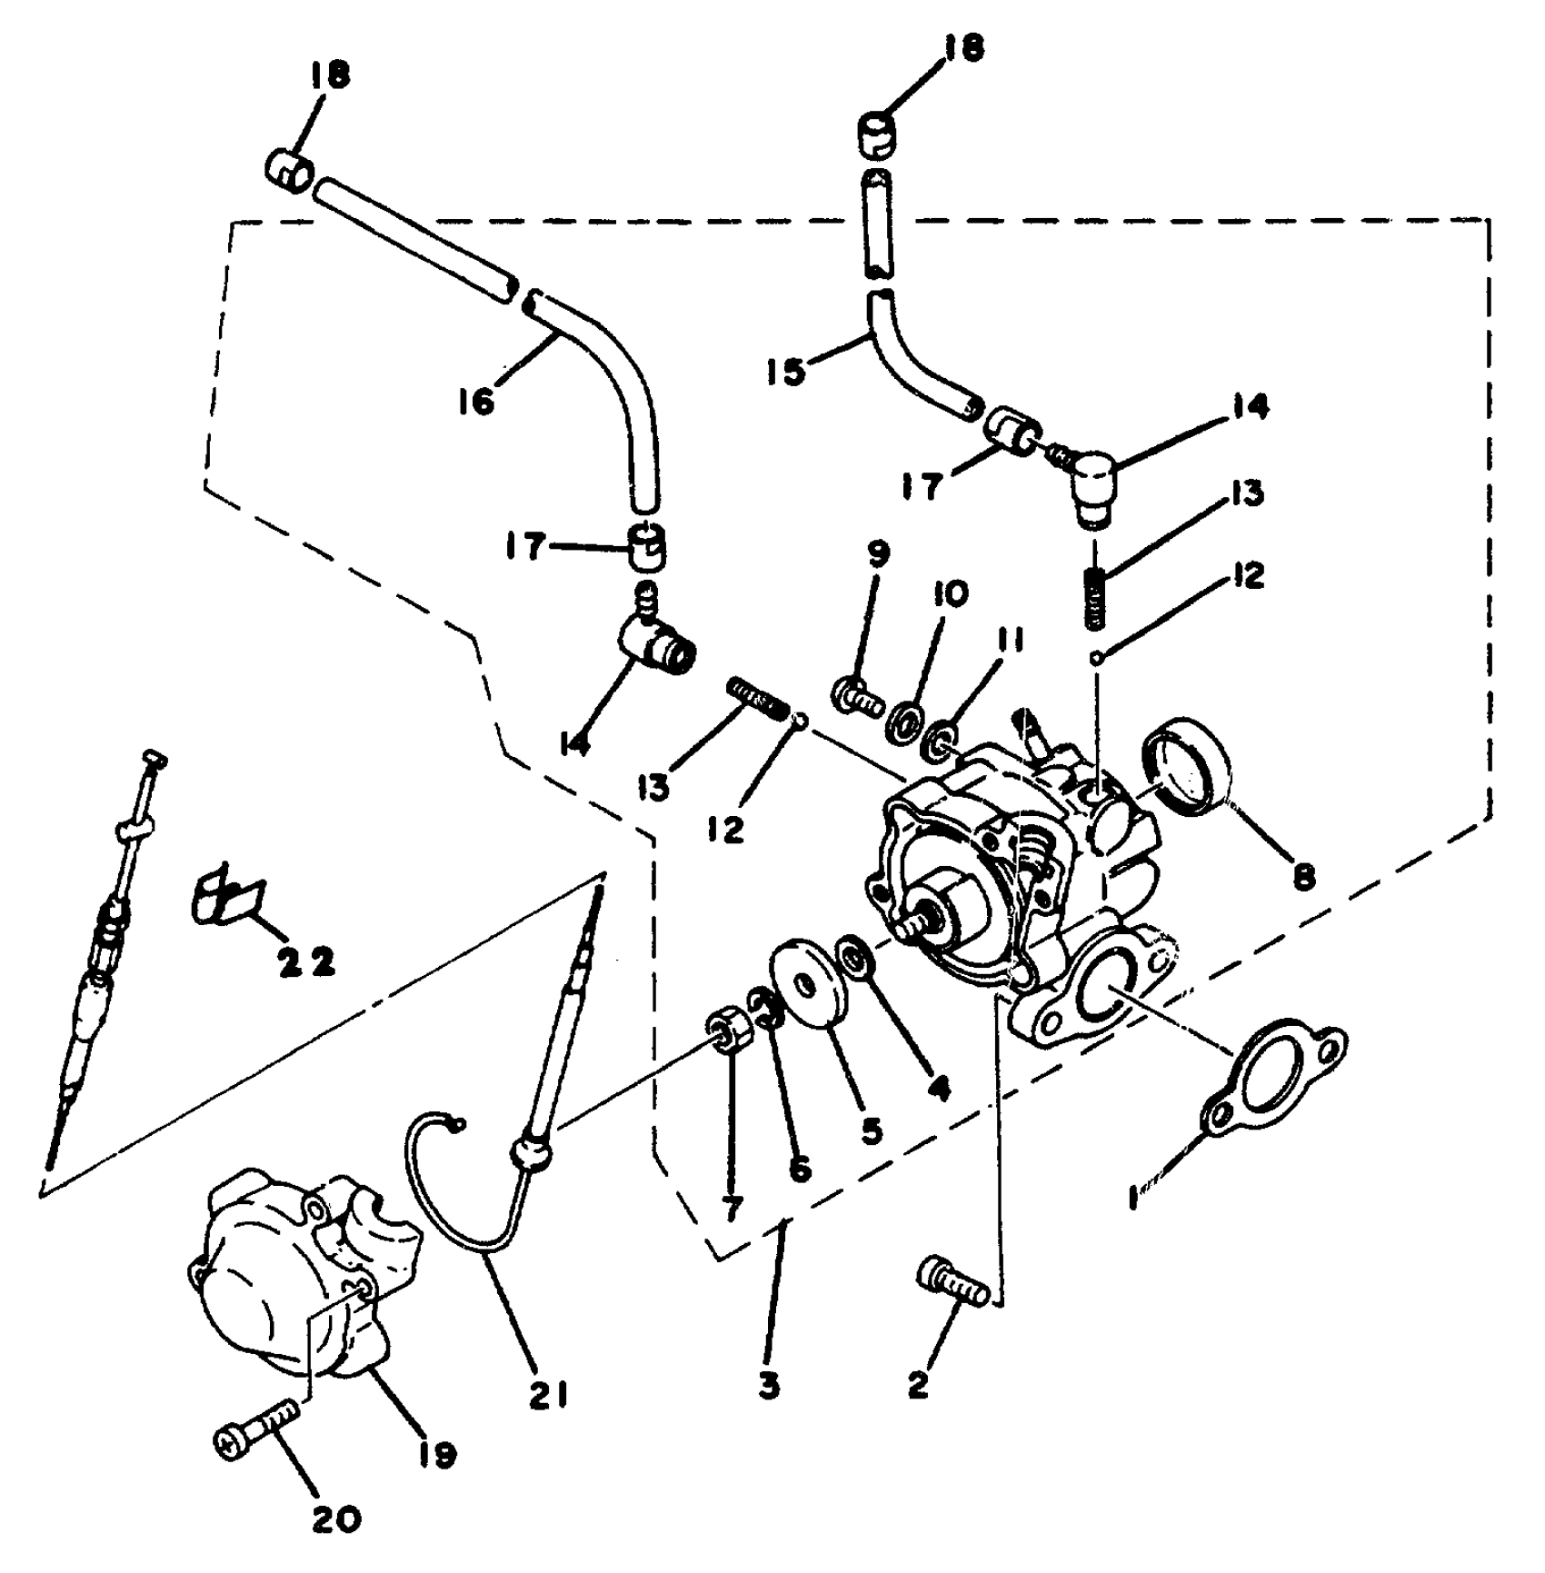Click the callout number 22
pos(306,963)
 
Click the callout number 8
pos(1303,877)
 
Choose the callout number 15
pos(786,371)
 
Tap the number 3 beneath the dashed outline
pos(769,1387)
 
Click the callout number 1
pos(1132,1198)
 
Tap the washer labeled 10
pos(904,722)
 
